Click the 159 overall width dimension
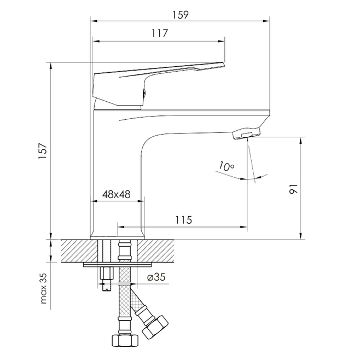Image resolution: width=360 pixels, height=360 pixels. (x=180, y=15)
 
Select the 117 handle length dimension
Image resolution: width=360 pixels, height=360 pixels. (x=160, y=33)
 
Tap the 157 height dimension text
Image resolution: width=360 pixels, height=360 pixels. (x=43, y=150)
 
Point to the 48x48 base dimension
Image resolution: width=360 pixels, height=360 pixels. (x=116, y=194)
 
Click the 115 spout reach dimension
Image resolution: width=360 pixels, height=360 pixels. (x=183, y=220)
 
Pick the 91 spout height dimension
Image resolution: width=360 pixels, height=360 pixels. (x=293, y=189)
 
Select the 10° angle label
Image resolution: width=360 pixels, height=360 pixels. (x=226, y=166)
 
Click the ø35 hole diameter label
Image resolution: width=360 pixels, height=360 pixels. (x=156, y=277)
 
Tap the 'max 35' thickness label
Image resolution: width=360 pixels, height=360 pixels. (x=43, y=288)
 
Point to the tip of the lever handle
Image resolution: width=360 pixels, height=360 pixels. (x=224, y=65)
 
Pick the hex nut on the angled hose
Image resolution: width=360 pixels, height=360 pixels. (x=155, y=328)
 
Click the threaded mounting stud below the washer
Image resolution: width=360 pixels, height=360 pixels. (x=107, y=278)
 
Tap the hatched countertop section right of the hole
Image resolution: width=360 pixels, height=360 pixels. (x=156, y=251)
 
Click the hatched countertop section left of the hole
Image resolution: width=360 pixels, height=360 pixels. (x=79, y=251)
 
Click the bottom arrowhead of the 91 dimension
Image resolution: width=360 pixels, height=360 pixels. (x=301, y=236)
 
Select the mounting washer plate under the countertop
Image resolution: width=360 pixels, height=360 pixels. (x=118, y=265)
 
